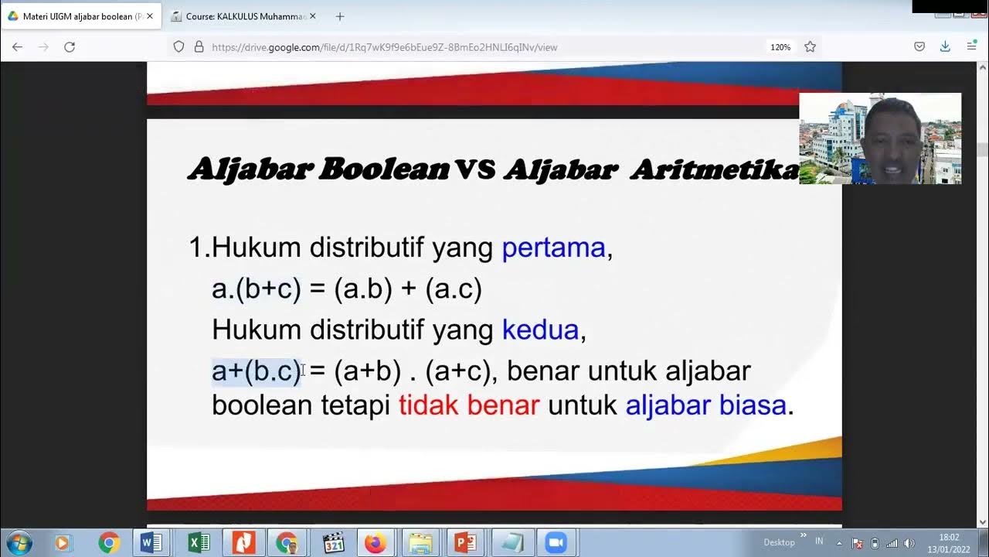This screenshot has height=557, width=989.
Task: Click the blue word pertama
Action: (x=553, y=248)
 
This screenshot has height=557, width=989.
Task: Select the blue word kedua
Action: (x=540, y=330)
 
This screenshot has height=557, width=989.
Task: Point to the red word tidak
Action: (x=429, y=405)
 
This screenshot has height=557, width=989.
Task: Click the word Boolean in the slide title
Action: (x=383, y=169)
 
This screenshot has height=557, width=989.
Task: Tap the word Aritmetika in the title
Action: (x=714, y=169)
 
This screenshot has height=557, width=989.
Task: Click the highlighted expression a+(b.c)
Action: (x=256, y=371)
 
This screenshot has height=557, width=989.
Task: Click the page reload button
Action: (x=70, y=47)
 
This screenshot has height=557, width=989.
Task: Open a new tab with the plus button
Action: (x=340, y=16)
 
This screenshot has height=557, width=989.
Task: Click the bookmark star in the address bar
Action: (x=810, y=47)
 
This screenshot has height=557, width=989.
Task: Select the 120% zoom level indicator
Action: (x=780, y=47)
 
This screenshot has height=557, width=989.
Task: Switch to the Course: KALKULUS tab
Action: (x=244, y=16)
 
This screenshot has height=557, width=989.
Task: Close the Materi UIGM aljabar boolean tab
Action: (x=150, y=16)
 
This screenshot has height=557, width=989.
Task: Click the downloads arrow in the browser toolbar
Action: (x=945, y=47)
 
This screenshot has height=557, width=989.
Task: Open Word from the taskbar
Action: (x=151, y=542)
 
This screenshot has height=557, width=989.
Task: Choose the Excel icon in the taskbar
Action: (x=199, y=542)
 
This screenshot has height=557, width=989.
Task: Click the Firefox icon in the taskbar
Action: (x=376, y=542)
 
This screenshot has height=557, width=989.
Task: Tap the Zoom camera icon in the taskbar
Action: (x=556, y=542)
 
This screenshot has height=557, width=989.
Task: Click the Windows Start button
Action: (x=19, y=542)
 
